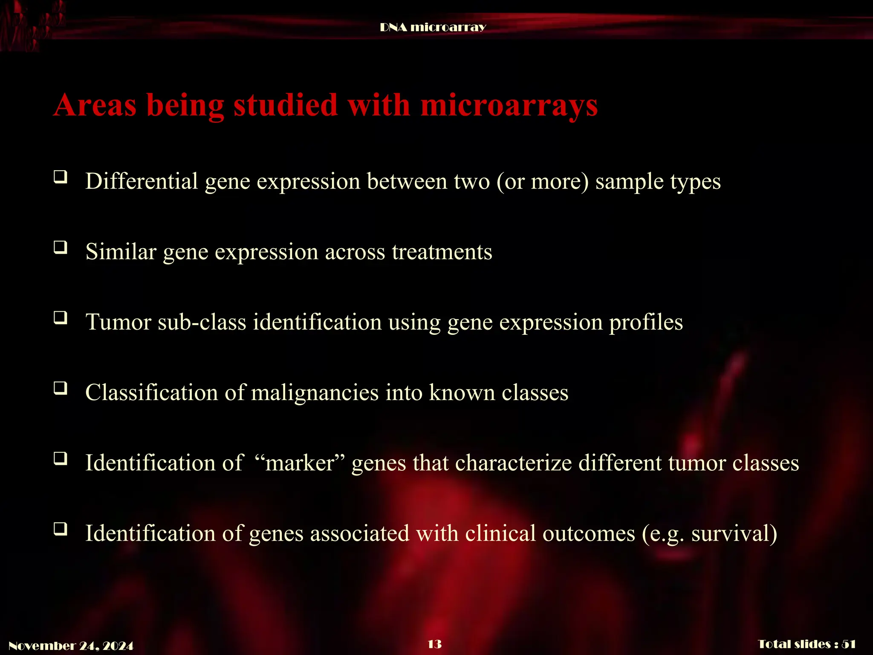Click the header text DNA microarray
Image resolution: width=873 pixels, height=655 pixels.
tap(433, 27)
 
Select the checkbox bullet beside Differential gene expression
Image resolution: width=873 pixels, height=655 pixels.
tap(61, 177)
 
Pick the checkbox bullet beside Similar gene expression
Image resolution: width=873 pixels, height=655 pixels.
tap(61, 247)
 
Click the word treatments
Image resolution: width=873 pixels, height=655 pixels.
tap(442, 252)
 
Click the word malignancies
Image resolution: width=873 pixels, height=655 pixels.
tap(315, 393)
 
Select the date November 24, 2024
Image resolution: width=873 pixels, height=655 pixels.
tap(71, 646)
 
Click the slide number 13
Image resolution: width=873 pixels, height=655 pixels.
tap(434, 644)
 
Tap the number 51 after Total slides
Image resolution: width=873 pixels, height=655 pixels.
tap(849, 644)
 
